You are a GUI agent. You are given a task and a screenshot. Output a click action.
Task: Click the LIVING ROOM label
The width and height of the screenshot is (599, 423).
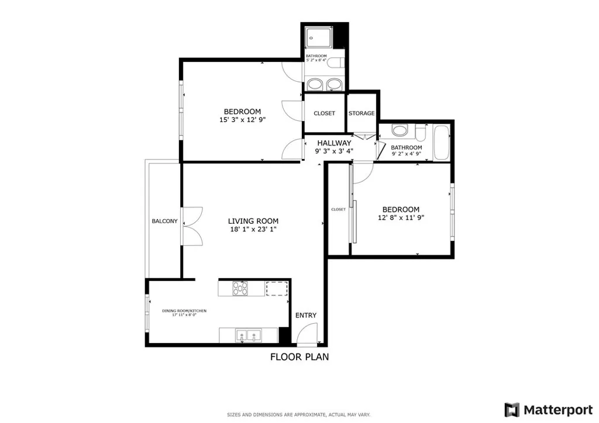pyautogui.click(x=253, y=221)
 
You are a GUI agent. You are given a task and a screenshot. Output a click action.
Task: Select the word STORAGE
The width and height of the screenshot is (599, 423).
pyautogui.click(x=362, y=113)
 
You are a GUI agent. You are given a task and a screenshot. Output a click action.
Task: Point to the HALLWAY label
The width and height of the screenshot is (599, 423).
pyautogui.click(x=334, y=143)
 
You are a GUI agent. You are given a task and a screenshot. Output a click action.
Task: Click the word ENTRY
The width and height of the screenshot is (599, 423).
pyautogui.click(x=305, y=315)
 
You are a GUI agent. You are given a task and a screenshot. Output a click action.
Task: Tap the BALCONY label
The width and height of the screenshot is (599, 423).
pyautogui.click(x=164, y=221)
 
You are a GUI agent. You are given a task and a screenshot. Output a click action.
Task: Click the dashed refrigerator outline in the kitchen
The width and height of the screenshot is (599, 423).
pyautogui.click(x=277, y=288)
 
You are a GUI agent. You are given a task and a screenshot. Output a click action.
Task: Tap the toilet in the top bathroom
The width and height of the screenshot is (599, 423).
pyautogui.click(x=335, y=63)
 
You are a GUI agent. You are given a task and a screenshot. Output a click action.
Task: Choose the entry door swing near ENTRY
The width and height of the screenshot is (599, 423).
pyautogui.click(x=305, y=337)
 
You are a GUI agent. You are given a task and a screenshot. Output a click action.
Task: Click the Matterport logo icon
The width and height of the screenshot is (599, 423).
pyautogui.click(x=512, y=410)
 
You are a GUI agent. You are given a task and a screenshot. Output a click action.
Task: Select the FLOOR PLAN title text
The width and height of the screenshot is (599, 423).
pyautogui.click(x=299, y=357)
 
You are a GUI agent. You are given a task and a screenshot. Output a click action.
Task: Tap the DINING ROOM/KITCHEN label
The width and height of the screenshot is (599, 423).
pyautogui.click(x=184, y=311)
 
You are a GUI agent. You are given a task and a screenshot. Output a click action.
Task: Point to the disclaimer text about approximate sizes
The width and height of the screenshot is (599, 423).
pyautogui.click(x=299, y=415)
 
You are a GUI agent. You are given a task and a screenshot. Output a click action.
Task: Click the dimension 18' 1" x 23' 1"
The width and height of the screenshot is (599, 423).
pyautogui.click(x=253, y=230)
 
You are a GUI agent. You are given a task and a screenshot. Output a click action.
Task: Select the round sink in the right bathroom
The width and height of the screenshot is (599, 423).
pyautogui.click(x=400, y=130)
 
